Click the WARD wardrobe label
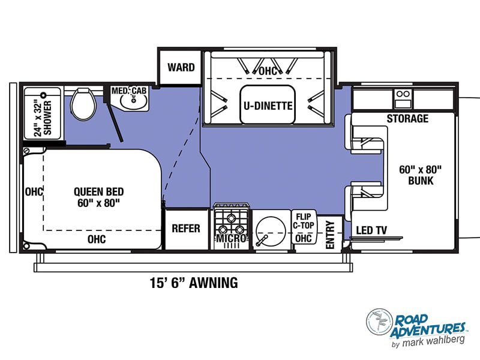tap(181, 67)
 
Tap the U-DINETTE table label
tap(268, 106)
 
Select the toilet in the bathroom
tap(83, 104)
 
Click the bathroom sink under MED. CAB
tap(134, 101)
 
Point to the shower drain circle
tap(43, 95)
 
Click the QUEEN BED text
tap(98, 191)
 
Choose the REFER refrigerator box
tap(186, 229)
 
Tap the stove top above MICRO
tap(231, 220)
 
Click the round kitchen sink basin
tap(271, 231)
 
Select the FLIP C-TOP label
tap(304, 221)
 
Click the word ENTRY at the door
tap(330, 235)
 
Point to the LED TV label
tap(371, 230)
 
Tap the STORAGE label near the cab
tap(407, 118)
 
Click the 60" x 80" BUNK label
tap(421, 175)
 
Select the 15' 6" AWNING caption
tap(194, 283)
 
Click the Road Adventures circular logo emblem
tap(380, 322)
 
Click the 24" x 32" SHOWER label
tap(43, 118)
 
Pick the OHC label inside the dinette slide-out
tap(268, 71)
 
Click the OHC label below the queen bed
tap(97, 239)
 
